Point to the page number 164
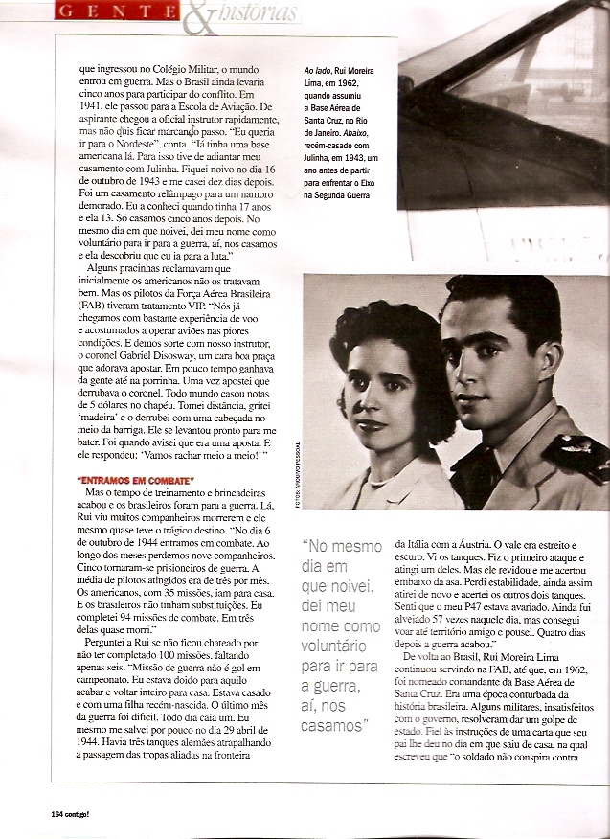[x=57, y=813]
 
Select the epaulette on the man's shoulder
[x=571, y=450]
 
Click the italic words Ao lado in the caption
[x=317, y=73]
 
